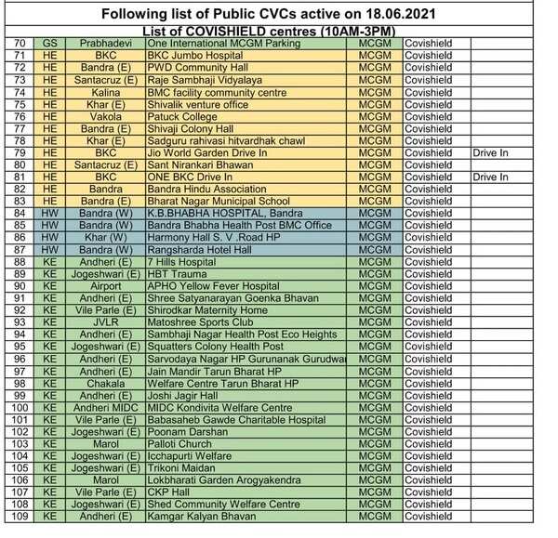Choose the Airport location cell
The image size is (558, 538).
point(105,286)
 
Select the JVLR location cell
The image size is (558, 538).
point(105,322)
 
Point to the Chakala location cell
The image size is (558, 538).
point(105,383)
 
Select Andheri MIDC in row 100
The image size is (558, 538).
point(105,407)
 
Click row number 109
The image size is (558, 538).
point(18,517)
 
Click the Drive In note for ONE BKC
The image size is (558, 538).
point(490,177)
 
